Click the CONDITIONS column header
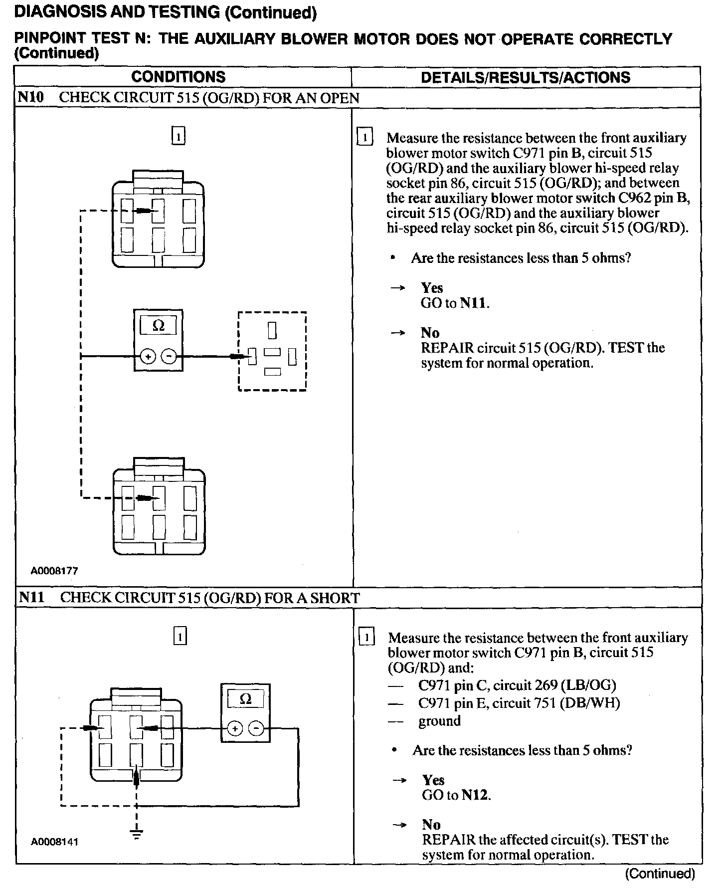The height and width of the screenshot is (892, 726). (178, 77)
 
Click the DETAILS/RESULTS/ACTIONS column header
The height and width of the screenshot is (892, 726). (525, 77)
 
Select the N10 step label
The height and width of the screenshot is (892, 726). (30, 97)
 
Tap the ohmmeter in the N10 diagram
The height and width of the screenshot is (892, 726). (159, 340)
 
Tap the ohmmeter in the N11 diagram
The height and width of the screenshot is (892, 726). (245, 712)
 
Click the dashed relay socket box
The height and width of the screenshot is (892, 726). (272, 351)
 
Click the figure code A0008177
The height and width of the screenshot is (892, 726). (54, 571)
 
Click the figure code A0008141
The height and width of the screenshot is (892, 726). (54, 842)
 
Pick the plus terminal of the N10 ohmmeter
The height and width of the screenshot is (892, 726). (148, 356)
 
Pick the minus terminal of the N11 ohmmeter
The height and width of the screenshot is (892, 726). (256, 729)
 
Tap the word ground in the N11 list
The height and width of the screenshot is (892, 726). (439, 721)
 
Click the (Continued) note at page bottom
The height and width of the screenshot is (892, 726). (659, 873)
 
